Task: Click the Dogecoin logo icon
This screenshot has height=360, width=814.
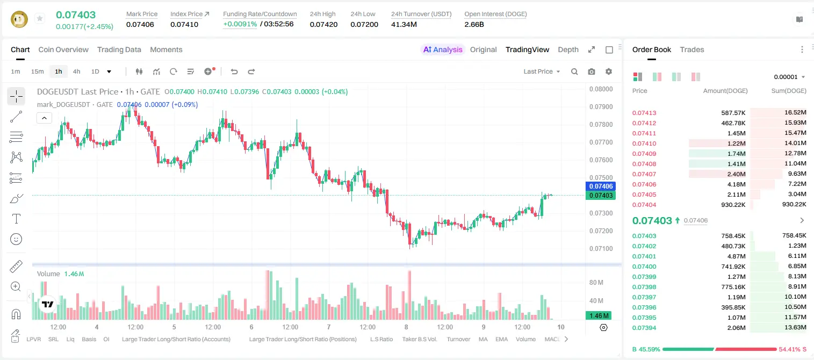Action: [19, 19]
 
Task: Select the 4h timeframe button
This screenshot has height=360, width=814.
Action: [76, 71]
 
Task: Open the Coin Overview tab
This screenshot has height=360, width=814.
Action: [63, 49]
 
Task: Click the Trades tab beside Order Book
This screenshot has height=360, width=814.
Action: [692, 49]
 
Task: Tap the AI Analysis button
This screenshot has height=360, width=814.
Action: [443, 49]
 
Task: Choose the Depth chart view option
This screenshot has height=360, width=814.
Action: [568, 49]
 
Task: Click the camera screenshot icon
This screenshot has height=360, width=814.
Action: [592, 71]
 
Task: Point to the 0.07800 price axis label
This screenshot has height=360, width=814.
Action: [601, 124]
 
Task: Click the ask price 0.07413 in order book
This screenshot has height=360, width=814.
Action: [644, 113]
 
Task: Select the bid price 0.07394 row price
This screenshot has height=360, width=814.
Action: [644, 328]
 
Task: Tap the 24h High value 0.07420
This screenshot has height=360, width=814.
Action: [323, 24]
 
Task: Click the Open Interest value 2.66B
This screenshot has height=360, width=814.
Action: [474, 24]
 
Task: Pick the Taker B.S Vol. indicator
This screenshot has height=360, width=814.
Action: [420, 339]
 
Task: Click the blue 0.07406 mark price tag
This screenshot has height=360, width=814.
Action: [601, 186]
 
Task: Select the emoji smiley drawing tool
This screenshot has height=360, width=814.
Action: [16, 239]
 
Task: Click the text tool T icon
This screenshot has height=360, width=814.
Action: [16, 219]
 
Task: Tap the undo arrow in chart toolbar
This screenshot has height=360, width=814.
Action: [234, 71]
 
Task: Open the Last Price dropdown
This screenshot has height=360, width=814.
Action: [542, 71]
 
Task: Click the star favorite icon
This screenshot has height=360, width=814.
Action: [40, 18]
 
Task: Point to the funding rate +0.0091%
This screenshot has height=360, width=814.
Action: [240, 24]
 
